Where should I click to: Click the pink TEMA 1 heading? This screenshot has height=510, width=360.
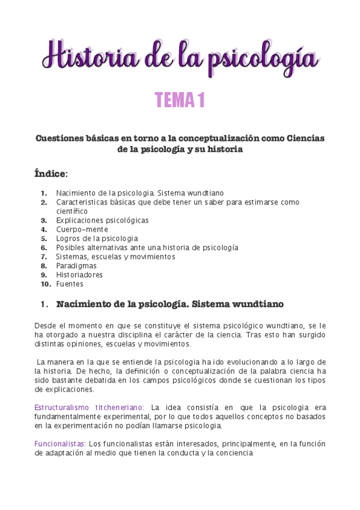[180, 100]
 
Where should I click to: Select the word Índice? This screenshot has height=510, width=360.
[51, 174]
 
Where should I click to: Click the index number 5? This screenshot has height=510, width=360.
[44, 238]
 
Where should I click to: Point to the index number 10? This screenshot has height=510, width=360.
[46, 284]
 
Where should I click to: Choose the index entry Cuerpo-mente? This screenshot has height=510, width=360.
[82, 229]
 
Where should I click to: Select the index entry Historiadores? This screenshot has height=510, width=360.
[79, 275]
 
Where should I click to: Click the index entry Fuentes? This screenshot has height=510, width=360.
[70, 284]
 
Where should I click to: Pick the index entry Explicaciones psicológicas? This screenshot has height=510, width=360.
[102, 220]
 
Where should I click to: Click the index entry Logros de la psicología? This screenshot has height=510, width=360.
[97, 238]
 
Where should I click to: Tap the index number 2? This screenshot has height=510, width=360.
[44, 202]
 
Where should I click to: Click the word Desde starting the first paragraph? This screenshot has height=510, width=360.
[46, 325]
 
